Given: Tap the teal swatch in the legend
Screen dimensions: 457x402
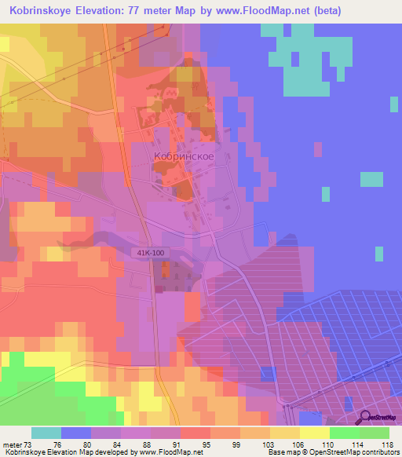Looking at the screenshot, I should (x=46, y=433).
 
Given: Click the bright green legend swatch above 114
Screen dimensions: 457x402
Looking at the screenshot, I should (x=345, y=433).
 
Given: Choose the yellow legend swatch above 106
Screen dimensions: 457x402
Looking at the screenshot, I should (x=285, y=433).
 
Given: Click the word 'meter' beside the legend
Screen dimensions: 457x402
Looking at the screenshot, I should (x=12, y=444).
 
